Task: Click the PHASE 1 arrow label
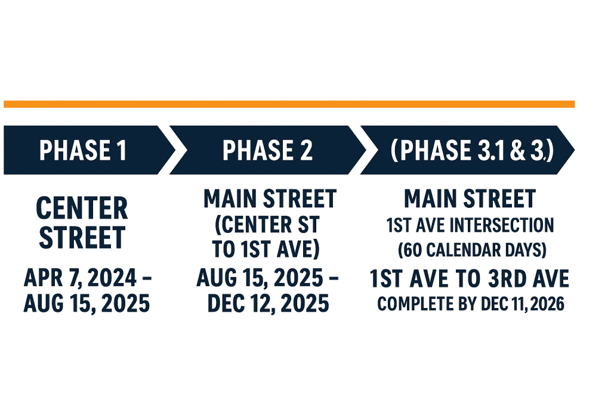coord(83,151)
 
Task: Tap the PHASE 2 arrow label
coord(267,151)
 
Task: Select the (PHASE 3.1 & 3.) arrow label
coord(472,150)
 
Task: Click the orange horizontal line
coord(289,104)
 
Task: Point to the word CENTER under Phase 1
coord(82,209)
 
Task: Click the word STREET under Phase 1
coord(82,237)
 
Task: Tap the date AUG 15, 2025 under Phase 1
coord(87,303)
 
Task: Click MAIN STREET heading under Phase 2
coord(270,199)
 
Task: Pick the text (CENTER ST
coord(267,225)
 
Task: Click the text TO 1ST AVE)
coord(266,249)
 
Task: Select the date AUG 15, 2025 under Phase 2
coord(260,278)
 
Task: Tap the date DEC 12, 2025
coord(268,303)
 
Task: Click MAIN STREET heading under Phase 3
coord(470,199)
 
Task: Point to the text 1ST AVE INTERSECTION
coord(470,225)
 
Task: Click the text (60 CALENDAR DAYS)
coord(472,250)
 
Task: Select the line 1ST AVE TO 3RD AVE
coord(469,278)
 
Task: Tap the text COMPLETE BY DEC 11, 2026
coord(471,304)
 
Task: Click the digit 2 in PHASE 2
coord(306,151)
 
